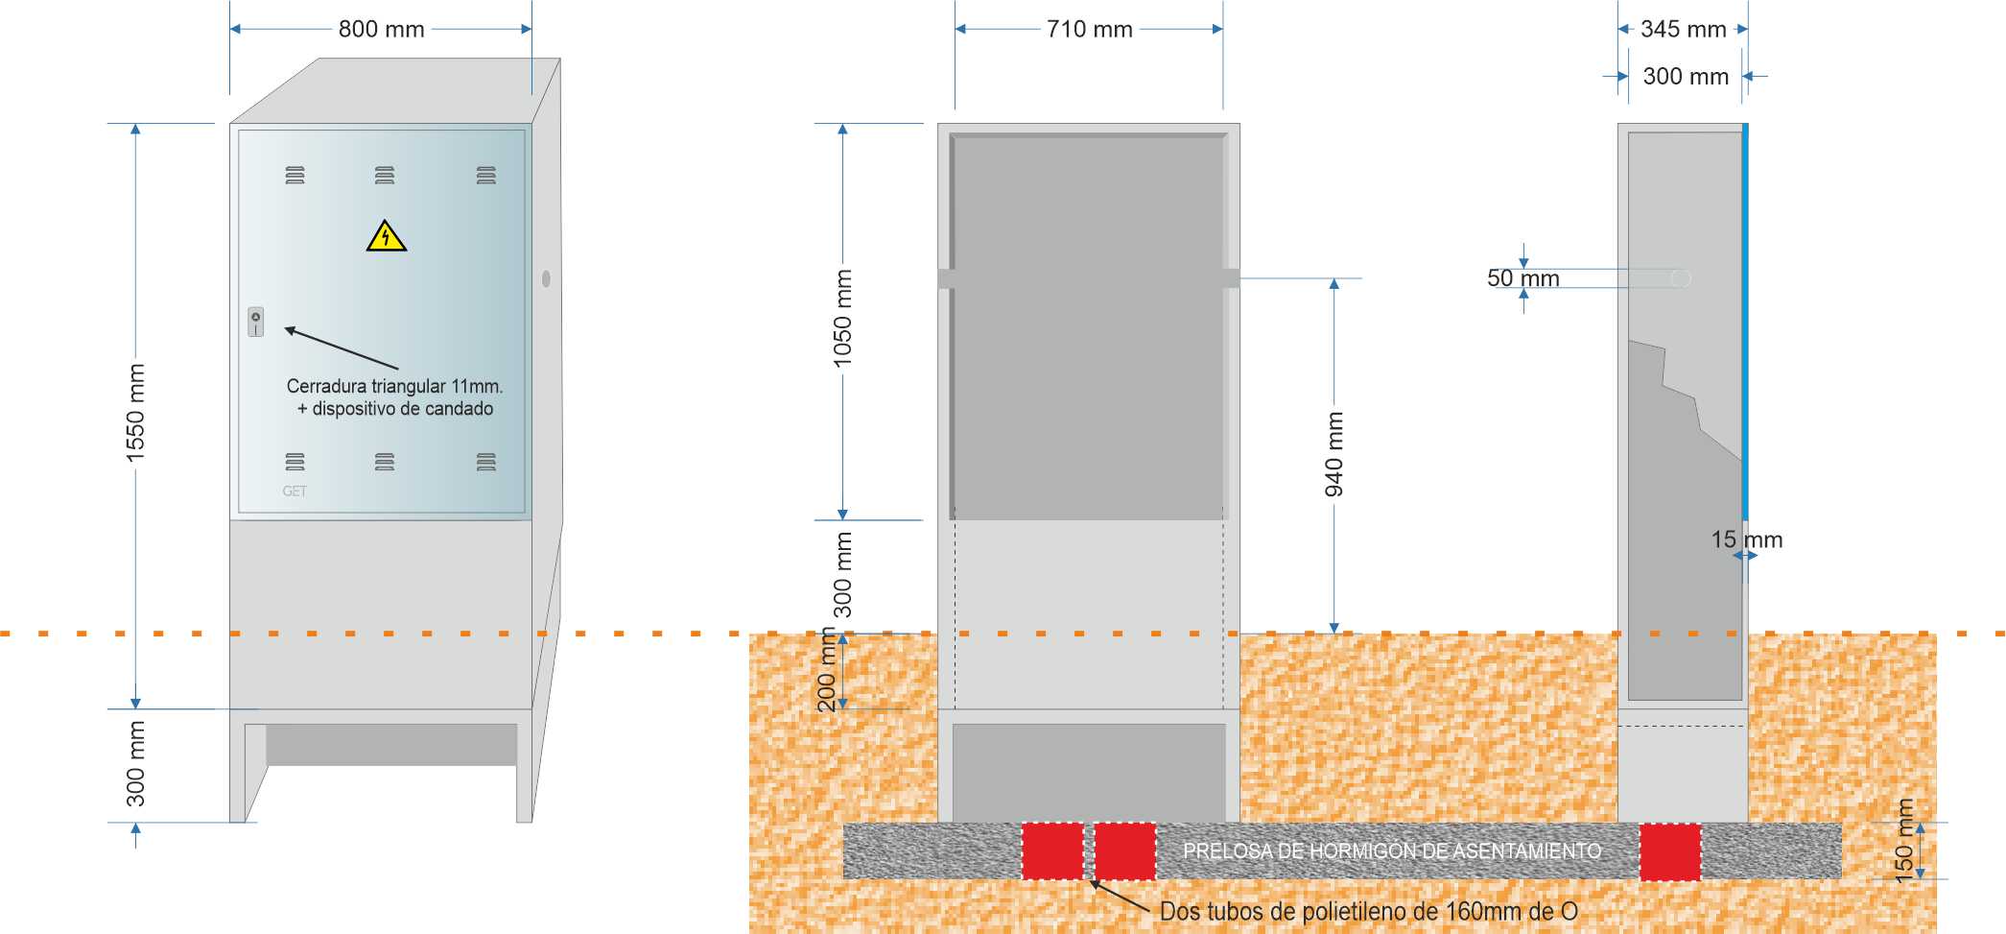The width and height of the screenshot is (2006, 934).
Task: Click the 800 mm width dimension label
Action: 381,30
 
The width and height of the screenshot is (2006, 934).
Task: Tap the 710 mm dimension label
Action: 1089,30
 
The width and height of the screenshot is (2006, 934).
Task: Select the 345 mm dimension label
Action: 1683,30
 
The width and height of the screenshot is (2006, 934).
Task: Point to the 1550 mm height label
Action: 135,413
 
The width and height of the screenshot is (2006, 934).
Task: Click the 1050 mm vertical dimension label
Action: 842,319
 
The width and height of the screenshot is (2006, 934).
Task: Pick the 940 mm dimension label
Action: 1333,455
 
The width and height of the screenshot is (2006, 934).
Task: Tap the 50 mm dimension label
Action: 1522,278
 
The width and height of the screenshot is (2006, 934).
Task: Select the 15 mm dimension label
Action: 1746,539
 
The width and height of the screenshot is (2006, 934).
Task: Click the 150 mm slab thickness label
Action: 1904,840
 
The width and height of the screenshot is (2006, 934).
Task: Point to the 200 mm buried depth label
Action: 827,669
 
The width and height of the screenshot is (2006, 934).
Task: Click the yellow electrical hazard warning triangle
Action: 386,236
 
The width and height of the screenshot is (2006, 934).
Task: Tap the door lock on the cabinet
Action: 256,322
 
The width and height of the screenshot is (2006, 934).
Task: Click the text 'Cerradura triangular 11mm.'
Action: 394,386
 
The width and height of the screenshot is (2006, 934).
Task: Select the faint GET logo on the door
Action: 295,491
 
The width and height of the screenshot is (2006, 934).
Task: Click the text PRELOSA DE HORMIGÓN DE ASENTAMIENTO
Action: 1392,851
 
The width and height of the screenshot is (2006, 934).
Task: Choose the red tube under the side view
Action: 1670,851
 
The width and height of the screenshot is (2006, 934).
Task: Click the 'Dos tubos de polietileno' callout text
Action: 1368,911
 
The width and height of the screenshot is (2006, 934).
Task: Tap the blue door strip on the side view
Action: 1745,322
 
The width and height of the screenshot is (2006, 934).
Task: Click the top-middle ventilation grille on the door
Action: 385,176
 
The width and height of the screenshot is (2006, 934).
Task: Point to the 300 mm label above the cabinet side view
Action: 1686,77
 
